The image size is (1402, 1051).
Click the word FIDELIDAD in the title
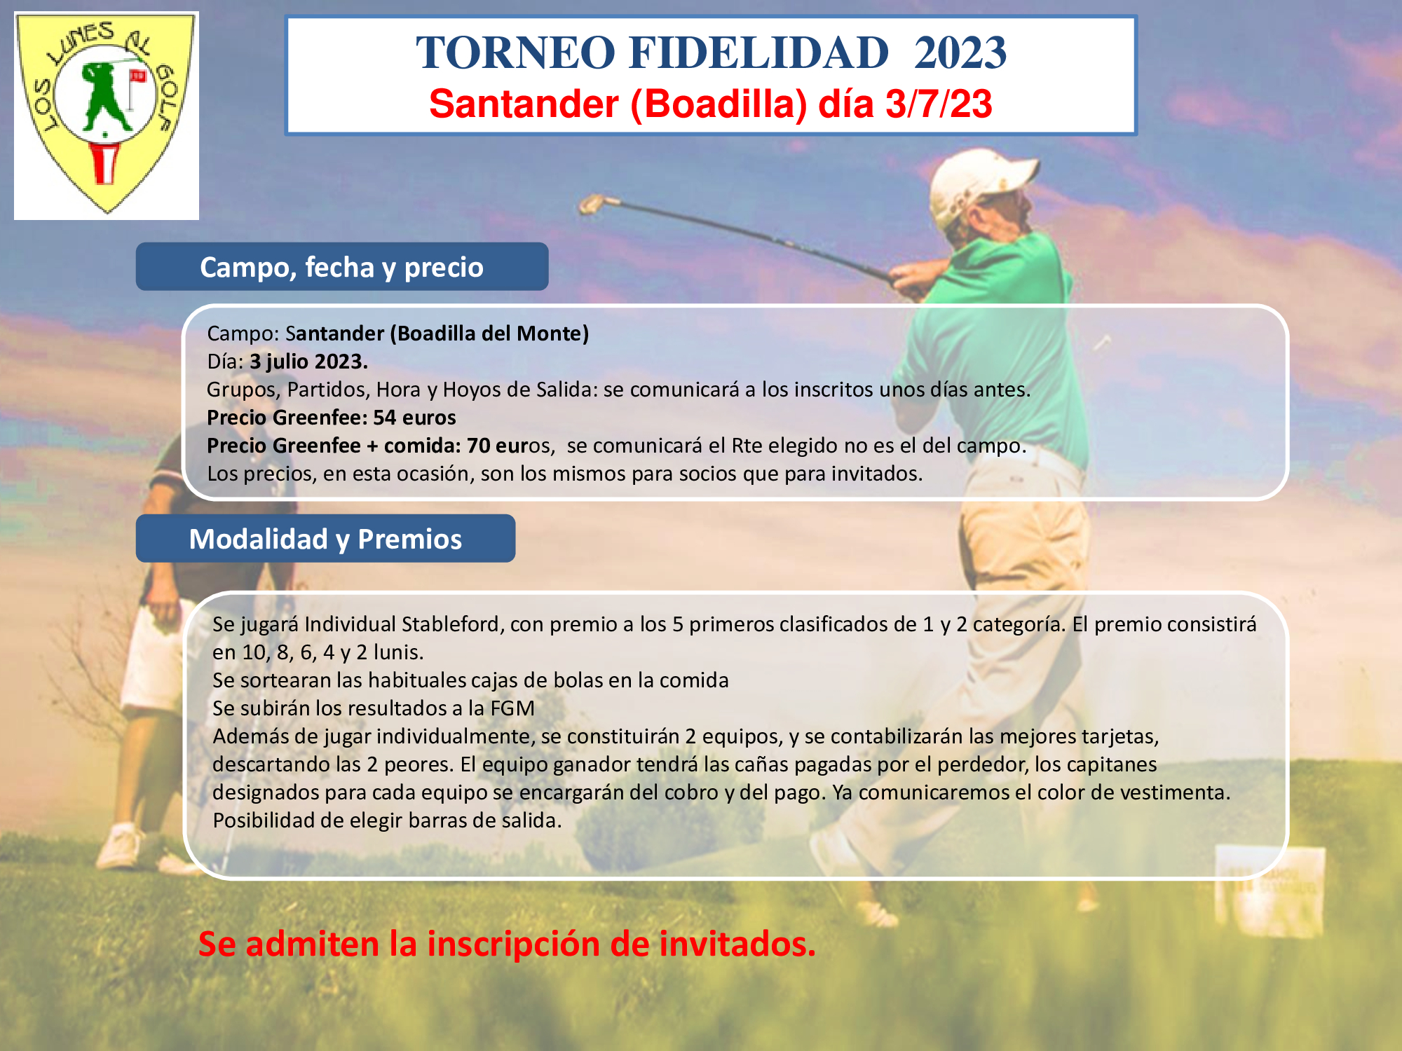point(758,53)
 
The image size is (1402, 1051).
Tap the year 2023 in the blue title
point(960,53)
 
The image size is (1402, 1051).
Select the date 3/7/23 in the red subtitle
point(939,104)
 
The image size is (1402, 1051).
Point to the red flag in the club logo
point(137,76)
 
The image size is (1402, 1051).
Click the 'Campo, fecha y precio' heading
point(341,267)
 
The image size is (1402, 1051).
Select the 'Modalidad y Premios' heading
point(325,539)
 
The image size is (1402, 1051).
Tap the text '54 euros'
point(414,418)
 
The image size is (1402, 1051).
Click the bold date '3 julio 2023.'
point(308,362)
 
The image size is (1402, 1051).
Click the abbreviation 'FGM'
point(512,708)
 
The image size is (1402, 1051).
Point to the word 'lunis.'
point(398,652)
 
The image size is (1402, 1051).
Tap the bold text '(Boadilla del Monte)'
point(489,334)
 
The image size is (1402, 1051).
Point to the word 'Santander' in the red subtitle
point(524,104)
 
